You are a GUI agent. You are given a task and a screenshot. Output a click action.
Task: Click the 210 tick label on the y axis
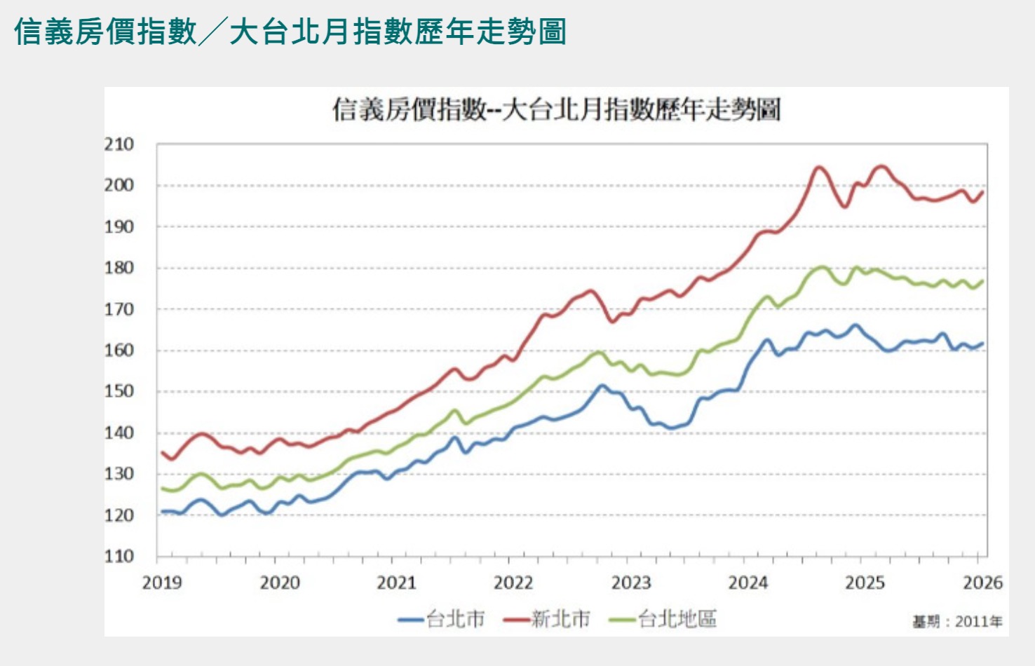[x=119, y=144]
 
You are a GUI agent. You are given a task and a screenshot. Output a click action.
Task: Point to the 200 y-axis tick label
[x=119, y=185]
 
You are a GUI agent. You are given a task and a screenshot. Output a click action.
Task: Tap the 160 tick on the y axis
[x=119, y=350]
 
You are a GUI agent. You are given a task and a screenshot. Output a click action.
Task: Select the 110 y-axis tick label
[x=119, y=556]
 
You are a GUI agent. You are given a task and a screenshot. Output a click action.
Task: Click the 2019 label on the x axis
[x=161, y=583]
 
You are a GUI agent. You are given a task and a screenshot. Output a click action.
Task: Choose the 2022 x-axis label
[x=513, y=583]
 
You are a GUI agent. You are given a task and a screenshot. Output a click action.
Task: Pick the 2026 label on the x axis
[x=982, y=583]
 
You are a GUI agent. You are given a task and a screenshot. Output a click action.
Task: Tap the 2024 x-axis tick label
[x=747, y=583]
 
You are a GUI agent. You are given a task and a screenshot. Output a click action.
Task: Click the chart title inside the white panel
[x=556, y=110]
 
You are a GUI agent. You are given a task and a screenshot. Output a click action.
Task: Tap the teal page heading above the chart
[x=290, y=32]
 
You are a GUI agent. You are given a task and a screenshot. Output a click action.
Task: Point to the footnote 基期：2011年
[x=957, y=621]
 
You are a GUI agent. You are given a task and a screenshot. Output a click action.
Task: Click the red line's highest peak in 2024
[x=818, y=167]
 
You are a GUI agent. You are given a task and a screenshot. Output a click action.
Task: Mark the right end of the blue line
[x=982, y=344]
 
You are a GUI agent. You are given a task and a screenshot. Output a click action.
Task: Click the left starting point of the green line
[x=162, y=488]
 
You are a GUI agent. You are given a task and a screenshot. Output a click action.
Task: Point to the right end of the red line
[x=982, y=192]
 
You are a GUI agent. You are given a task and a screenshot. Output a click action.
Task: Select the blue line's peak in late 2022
[x=602, y=386]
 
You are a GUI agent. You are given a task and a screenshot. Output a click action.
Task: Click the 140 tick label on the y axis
[x=119, y=433]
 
